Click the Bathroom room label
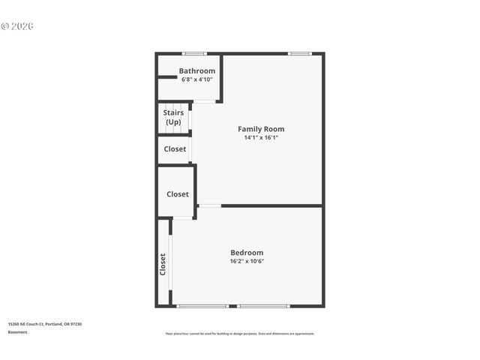[196, 71]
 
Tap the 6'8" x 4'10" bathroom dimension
[196, 79]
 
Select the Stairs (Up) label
[173, 117]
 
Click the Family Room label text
[261, 129]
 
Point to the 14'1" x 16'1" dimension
[261, 138]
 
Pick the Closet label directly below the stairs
[175, 149]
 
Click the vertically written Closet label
[163, 264]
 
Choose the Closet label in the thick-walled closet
[178, 194]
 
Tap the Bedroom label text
[247, 253]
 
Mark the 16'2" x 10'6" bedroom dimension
[247, 262]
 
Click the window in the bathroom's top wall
[195, 53]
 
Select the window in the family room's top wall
[300, 53]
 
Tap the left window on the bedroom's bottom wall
[202, 306]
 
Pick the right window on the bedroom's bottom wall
[263, 306]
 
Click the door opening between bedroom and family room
[209, 205]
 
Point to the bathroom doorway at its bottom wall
[205, 101]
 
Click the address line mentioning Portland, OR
[44, 323]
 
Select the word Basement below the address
[18, 332]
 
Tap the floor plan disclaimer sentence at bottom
[240, 334]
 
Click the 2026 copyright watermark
[17, 26]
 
